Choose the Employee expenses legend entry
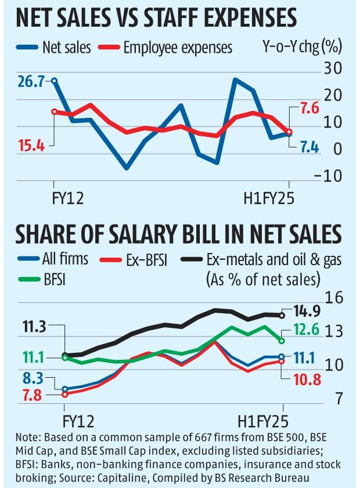(x=167, y=47)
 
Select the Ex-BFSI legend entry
(x=144, y=259)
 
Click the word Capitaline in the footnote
(x=177, y=478)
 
